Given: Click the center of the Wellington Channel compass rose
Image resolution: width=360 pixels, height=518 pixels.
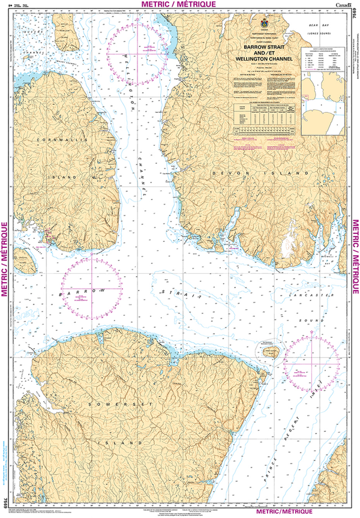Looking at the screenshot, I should pyautogui.click(x=137, y=53).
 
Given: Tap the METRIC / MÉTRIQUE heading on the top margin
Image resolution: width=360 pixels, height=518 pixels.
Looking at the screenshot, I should pyautogui.click(x=179, y=5).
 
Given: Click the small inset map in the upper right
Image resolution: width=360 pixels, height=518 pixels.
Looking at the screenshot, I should pyautogui.click(x=323, y=102).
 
